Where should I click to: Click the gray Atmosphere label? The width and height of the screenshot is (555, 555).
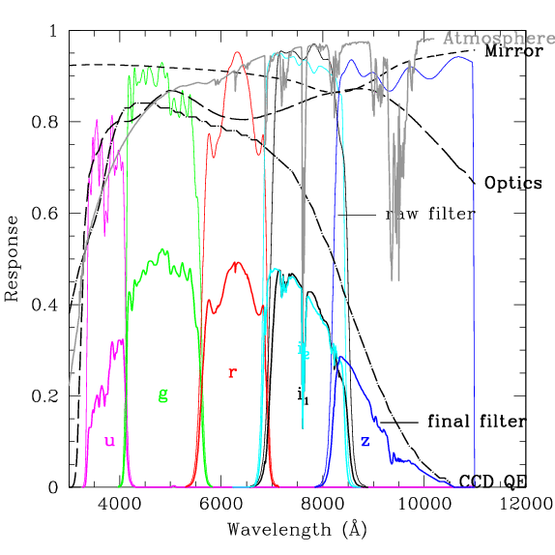pos(498,39)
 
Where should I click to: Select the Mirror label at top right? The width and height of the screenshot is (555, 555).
pos(513,52)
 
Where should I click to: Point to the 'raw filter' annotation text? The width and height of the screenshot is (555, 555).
pos(430,214)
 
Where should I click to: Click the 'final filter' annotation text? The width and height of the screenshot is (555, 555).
pos(477,422)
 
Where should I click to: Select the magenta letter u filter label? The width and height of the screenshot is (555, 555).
pos(109,442)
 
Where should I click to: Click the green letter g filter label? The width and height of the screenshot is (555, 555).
pos(162,394)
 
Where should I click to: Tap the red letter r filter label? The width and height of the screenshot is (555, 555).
pos(232,373)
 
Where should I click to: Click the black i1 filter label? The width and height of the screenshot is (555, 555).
pos(303,394)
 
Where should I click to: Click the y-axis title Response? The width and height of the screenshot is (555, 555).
pos(13,259)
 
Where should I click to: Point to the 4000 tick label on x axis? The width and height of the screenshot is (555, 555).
pos(119,504)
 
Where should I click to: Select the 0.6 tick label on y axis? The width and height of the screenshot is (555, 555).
pos(45,215)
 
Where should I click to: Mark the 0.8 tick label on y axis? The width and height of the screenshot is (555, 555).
pos(45,123)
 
